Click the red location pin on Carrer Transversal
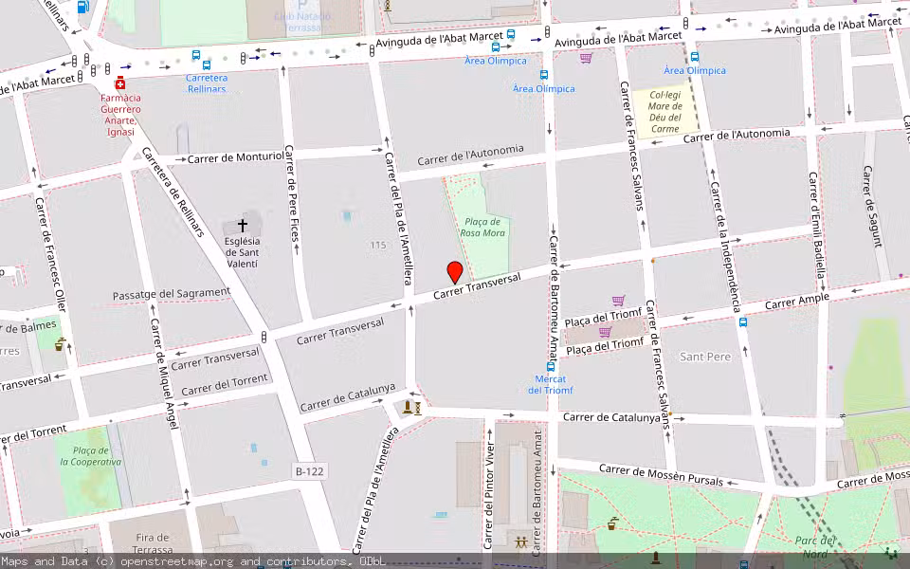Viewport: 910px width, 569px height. point(455,272)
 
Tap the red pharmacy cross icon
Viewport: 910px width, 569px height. point(120,83)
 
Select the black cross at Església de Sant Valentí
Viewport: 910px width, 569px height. point(243,226)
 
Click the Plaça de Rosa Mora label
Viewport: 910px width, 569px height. point(482,227)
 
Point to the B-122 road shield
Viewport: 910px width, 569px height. point(310,470)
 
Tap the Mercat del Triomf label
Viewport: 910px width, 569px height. point(551,384)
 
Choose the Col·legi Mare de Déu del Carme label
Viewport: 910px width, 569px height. point(664,111)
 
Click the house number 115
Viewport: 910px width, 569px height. point(378,246)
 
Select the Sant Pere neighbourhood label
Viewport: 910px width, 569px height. point(705,357)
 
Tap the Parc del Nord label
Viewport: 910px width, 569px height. point(814,546)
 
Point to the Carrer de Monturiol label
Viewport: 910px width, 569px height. point(235,156)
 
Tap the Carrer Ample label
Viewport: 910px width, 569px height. point(796,301)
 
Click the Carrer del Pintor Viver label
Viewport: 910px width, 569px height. point(489,496)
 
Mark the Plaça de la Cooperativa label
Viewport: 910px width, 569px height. point(91,456)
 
